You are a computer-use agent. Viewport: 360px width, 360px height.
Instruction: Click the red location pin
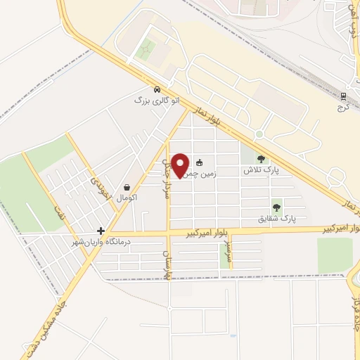pos(181,165)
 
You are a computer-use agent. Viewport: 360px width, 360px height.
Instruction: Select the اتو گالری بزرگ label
pos(157,101)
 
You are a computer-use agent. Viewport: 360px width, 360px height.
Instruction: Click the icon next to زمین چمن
pos(200,162)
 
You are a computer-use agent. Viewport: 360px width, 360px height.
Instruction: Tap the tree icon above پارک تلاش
pos(262,160)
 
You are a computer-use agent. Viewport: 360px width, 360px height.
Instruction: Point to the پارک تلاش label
pos(257,171)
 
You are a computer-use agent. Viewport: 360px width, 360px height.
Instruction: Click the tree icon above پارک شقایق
pos(276,207)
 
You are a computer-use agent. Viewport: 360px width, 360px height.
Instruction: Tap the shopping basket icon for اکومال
pos(126,187)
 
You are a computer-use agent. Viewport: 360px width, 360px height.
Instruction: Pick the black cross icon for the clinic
pos(101,231)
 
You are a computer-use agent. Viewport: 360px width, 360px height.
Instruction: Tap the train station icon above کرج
pos(343,96)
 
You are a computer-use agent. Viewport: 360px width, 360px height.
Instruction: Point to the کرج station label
pos(342,108)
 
